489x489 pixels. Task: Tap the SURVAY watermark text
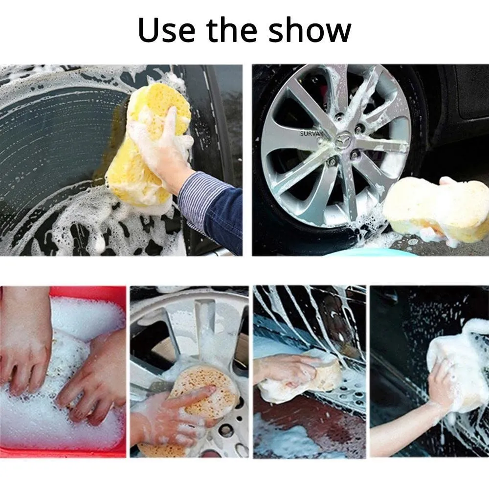312,132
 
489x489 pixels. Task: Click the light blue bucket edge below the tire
372,252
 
